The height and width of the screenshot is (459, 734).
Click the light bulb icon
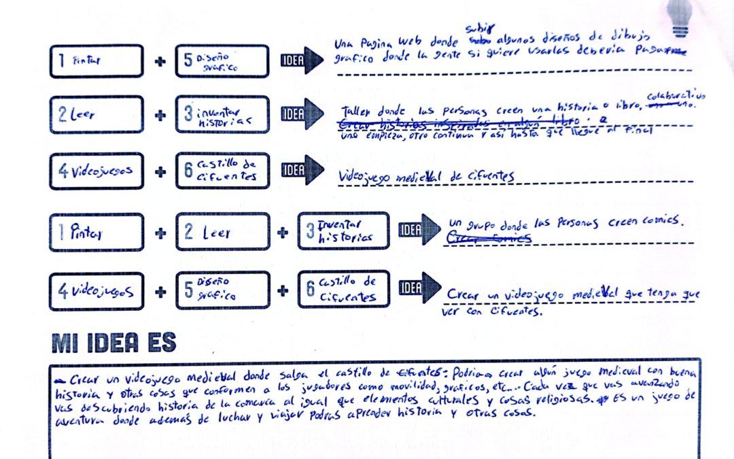(x=680, y=17)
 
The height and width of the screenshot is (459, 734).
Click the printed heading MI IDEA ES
(x=113, y=343)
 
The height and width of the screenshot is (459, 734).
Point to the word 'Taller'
(x=355, y=112)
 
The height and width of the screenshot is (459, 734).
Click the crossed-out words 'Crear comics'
(x=488, y=237)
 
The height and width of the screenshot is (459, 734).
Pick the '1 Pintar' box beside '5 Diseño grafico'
(x=97, y=61)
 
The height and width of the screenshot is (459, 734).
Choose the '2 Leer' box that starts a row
(x=97, y=115)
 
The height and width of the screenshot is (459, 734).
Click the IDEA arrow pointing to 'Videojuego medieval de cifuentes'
(x=303, y=170)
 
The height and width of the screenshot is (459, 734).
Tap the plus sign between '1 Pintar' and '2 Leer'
(x=160, y=232)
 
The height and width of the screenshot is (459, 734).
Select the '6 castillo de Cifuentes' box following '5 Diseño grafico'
(x=343, y=290)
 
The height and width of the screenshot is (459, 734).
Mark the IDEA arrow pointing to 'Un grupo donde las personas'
(x=419, y=230)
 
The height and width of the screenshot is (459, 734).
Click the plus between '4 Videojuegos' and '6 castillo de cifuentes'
(x=160, y=171)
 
